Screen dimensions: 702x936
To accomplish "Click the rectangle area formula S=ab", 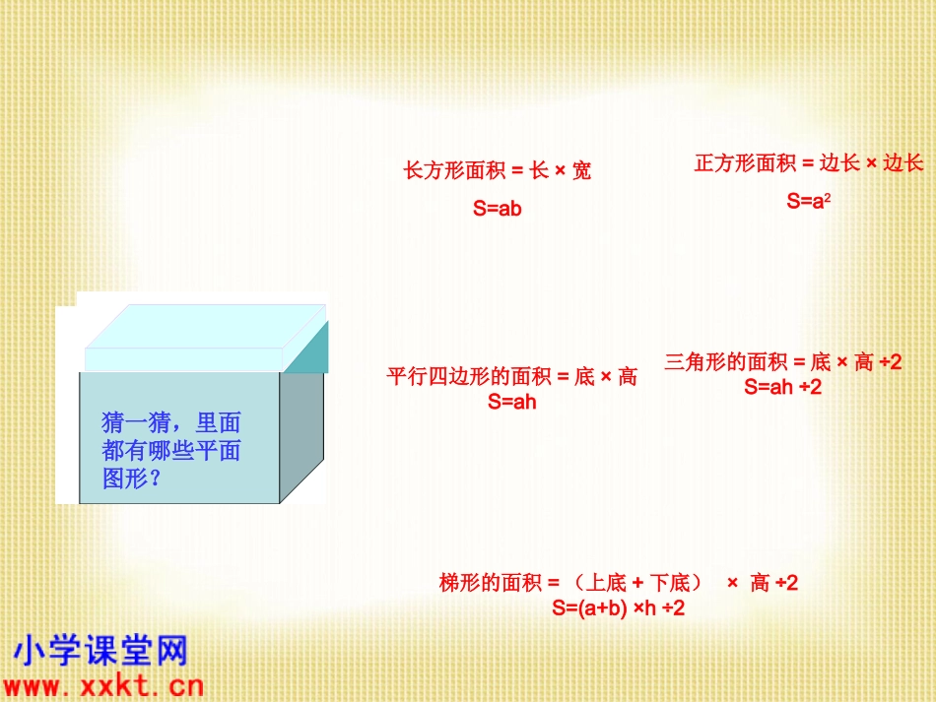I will click(497, 209).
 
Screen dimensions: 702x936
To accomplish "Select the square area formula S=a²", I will click(809, 202).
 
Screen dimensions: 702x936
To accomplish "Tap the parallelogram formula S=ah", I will click(511, 402).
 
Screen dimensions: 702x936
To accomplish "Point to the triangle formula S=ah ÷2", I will click(783, 387).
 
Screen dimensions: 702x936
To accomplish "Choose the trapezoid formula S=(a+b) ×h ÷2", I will click(619, 608).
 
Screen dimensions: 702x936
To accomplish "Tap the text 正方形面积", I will click(746, 163).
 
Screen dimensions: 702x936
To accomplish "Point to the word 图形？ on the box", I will click(132, 479).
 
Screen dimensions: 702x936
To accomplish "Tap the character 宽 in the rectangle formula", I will click(581, 171).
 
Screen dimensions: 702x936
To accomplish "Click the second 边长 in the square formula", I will click(903, 163).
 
